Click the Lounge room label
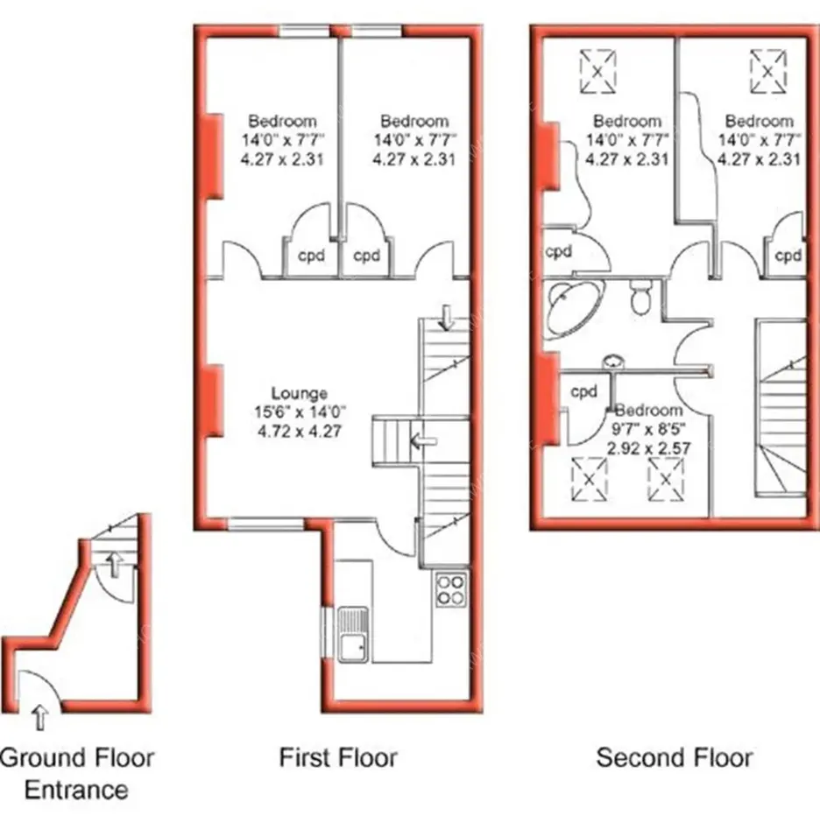(299, 393)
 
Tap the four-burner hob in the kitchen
(451, 589)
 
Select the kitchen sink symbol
(353, 634)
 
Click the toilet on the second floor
(640, 296)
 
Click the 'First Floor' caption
(338, 757)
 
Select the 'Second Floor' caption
(675, 757)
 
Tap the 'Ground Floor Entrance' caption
(77, 774)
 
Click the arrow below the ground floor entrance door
(39, 717)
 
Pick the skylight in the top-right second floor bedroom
(767, 71)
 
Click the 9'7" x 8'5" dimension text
(648, 429)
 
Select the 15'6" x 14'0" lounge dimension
(300, 412)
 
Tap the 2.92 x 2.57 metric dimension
(648, 448)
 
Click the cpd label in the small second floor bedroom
(583, 391)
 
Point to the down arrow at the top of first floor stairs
(446, 318)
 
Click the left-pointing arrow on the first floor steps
(423, 442)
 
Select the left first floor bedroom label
(282, 122)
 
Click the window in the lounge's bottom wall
(265, 524)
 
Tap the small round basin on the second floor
(614, 362)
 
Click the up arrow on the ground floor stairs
(114, 565)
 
